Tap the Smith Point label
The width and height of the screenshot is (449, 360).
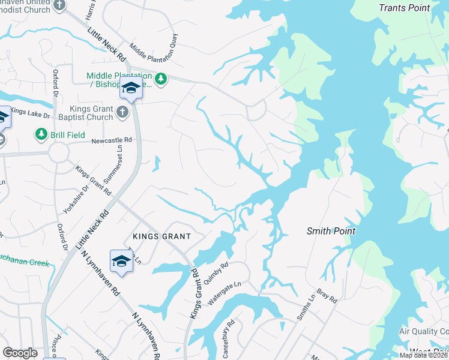click(331, 231)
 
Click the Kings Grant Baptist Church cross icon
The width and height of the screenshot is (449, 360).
click(122, 111)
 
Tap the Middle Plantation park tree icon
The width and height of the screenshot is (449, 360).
click(161, 79)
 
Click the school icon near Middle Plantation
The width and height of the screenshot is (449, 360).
click(130, 88)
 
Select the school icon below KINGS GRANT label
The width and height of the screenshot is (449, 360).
click(121, 261)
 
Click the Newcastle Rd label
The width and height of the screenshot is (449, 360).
click(112, 141)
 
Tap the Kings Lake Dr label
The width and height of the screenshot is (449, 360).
click(28, 112)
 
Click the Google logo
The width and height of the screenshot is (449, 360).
click(20, 353)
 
